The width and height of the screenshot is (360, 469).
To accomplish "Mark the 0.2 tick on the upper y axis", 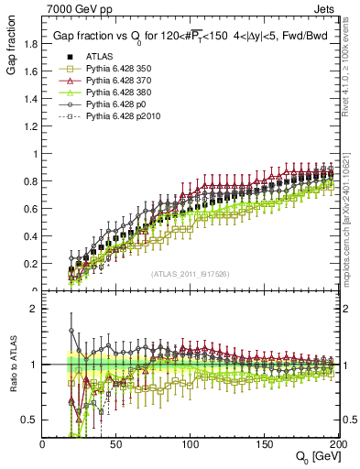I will pos(33,264).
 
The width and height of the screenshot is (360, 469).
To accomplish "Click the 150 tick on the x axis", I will pos(264,443).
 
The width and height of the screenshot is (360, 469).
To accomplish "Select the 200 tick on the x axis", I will pos(335,443).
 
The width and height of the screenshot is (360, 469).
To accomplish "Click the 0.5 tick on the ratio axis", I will pos(33,420).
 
